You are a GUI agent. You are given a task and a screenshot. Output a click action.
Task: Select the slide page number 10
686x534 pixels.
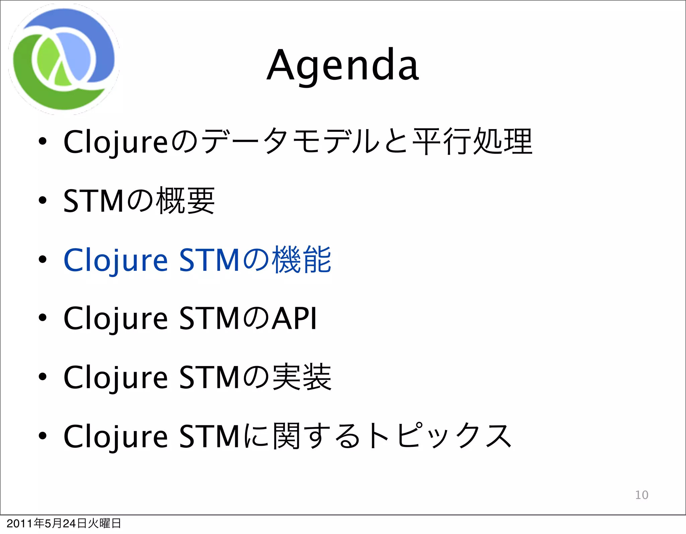coord(641,495)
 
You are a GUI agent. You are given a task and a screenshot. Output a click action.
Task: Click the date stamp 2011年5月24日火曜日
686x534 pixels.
coord(64,523)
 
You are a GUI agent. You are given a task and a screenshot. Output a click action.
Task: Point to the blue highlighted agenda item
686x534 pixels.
coord(197,260)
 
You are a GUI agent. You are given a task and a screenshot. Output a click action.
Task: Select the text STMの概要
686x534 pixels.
coord(139,201)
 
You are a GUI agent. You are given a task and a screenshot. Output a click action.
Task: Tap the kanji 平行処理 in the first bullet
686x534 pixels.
coord(472,142)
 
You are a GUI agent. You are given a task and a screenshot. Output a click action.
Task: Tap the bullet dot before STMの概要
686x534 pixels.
coord(42,201)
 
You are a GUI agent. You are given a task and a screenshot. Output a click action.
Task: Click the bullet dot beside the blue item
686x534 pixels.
coord(42,259)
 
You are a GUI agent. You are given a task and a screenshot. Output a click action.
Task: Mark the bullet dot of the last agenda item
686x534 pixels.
coord(42,436)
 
